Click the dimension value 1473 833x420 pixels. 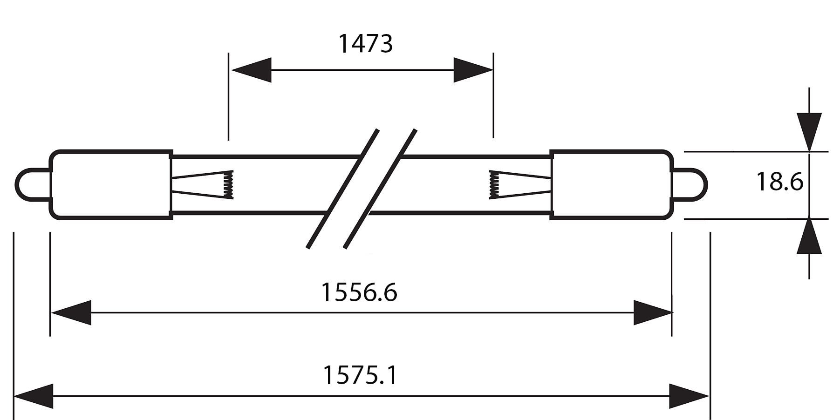point(365,44)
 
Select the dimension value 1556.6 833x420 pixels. point(359,292)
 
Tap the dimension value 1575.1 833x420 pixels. point(360,375)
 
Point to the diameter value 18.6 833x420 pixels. point(779,182)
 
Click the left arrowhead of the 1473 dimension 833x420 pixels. point(251,70)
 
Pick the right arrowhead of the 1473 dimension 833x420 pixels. point(473,70)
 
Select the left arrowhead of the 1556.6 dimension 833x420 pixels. point(71,312)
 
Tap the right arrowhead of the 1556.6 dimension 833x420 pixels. point(652,312)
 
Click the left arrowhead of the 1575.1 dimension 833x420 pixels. point(34,396)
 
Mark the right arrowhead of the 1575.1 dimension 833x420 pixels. point(689,396)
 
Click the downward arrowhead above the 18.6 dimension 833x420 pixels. point(809,132)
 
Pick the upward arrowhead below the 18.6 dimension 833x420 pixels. point(809,236)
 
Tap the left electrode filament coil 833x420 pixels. point(228,184)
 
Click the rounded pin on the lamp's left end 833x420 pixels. point(33,185)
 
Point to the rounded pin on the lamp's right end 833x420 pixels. point(690,185)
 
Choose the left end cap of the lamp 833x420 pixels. point(111,184)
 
